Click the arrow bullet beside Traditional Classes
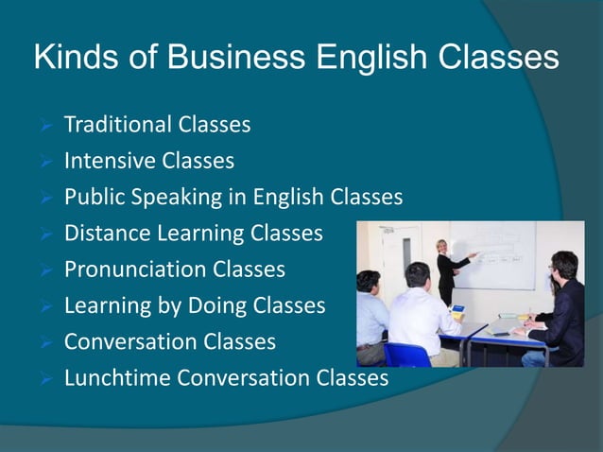[x=45, y=125]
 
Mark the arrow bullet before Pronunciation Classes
[x=45, y=270]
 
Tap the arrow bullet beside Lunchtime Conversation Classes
[x=45, y=379]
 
